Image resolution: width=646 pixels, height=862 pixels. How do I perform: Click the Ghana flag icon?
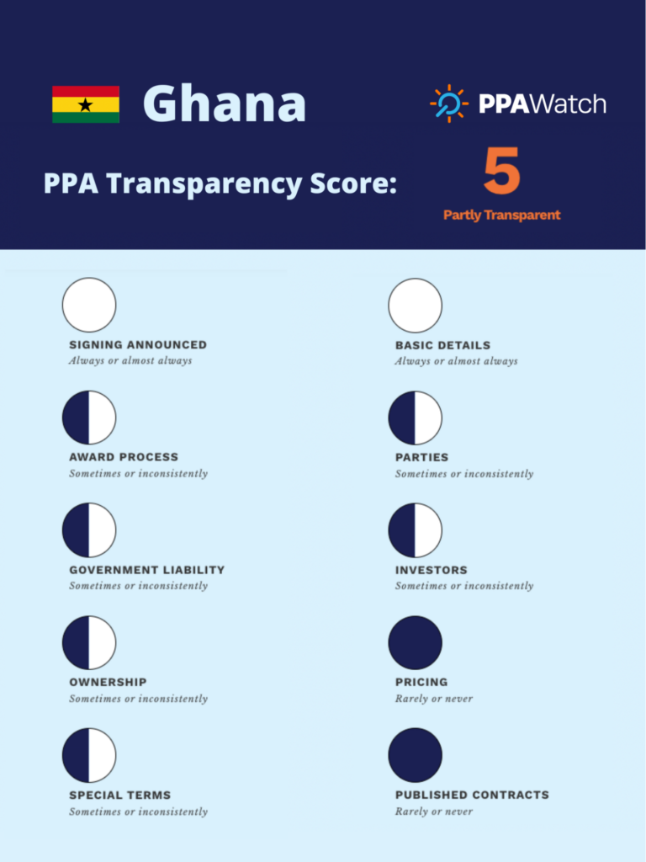coord(86,104)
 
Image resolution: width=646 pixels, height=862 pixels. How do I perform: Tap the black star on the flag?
coord(85,105)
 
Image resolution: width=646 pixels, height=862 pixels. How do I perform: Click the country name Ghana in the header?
coord(225,104)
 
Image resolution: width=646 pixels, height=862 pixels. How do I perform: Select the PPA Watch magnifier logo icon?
coord(449,104)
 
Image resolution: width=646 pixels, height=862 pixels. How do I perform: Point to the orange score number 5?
coord(502,173)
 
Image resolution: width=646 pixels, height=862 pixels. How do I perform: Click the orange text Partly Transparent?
coord(502,215)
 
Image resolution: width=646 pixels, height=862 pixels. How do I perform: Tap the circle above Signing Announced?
coord(89,305)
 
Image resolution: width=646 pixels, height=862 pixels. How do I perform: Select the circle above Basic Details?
coord(415,305)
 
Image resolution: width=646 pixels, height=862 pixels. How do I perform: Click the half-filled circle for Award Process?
coord(89,418)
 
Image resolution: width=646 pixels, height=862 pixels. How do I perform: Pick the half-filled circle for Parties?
coord(415,418)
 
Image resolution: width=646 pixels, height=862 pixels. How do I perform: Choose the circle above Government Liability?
coord(89,530)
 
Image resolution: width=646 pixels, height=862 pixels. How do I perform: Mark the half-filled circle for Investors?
coord(415,530)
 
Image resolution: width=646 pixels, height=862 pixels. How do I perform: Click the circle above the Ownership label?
coord(89,642)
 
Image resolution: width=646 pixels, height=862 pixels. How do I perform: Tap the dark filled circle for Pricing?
coord(415,642)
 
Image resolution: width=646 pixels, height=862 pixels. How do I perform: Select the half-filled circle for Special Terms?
coord(89,755)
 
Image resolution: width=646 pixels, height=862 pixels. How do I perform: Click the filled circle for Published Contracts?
coord(415,755)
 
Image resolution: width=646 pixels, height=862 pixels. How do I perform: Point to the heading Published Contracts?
coord(472,795)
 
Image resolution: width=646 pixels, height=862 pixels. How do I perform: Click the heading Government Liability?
coord(147,570)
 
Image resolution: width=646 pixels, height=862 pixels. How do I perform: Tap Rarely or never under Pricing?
coord(434,699)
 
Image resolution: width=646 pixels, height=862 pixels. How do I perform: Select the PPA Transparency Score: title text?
coord(220,183)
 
